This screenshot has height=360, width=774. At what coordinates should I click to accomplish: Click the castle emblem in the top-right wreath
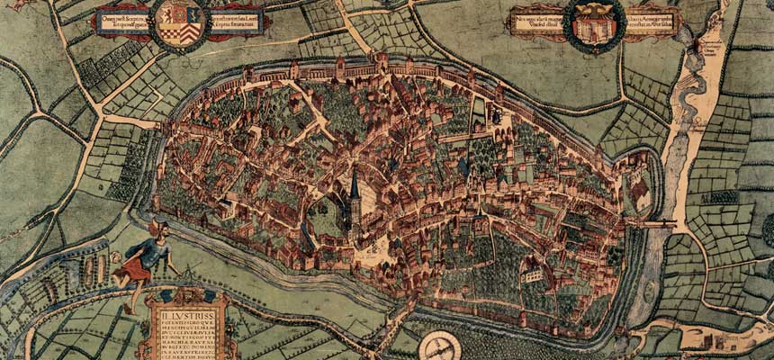point(593,24)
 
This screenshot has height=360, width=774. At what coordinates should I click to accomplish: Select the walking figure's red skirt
point(138,268)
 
